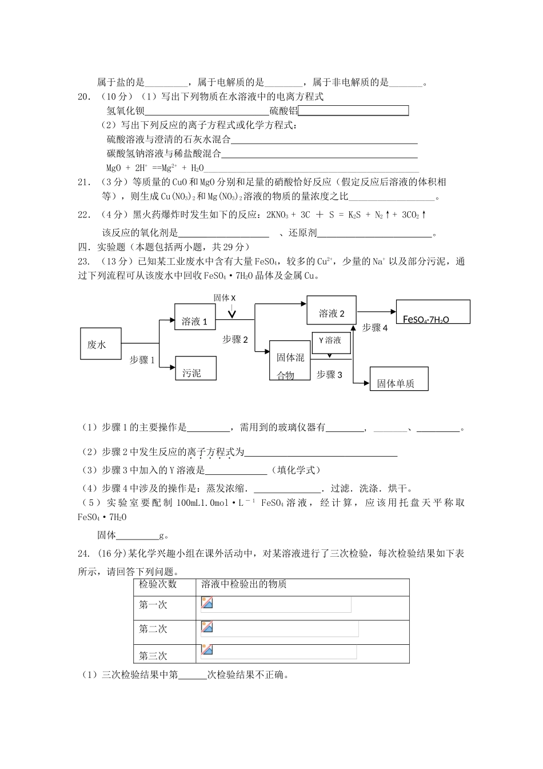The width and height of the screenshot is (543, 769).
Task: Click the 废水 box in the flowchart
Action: pos(101,344)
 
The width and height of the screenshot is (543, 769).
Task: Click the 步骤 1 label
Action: pos(142,360)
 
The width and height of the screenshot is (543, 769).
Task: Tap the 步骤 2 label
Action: pos(235,339)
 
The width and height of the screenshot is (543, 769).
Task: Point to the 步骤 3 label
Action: pos(329,375)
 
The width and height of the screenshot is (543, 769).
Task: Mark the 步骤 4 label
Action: pos(375,328)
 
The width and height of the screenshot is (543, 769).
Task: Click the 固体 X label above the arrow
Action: pos(225,298)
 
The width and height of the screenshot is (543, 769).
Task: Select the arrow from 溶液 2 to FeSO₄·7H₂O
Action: pos(376,311)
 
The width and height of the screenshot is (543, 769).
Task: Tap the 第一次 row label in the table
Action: pos(153,605)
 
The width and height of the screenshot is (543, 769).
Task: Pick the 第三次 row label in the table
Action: pos(153,655)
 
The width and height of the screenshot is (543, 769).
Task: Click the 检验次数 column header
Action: pos(158,584)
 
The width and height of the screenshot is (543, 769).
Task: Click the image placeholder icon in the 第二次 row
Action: pos(207,627)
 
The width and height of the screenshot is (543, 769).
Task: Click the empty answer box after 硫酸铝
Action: pos(353,111)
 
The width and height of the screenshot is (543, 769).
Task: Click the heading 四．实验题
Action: pos(102,247)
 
